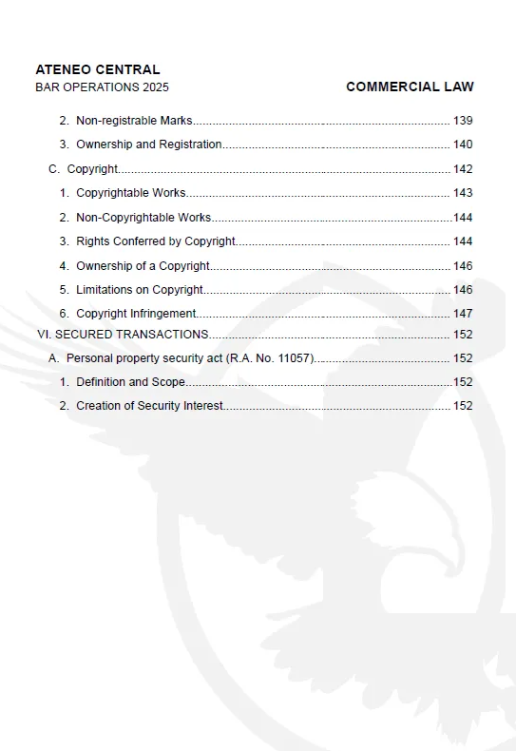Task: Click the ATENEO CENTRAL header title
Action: coord(97,69)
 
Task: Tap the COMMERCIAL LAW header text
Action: coord(410,87)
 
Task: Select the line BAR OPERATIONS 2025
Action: coord(102,87)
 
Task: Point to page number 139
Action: coord(463,121)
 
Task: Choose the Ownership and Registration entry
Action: coord(148,144)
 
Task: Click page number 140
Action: coord(463,144)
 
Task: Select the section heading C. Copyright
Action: coord(84,169)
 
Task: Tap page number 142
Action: coord(463,169)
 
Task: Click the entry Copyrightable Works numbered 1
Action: coord(130,193)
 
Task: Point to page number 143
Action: coord(463,193)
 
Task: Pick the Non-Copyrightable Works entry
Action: coord(143,218)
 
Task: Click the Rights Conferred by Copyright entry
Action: coord(156,241)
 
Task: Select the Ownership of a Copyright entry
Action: coord(143,266)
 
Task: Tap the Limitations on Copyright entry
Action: coord(140,290)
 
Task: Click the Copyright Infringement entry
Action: coord(136,314)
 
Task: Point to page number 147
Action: coord(463,314)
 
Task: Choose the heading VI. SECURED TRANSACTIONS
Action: coord(123,335)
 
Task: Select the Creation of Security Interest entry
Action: coord(149,406)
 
